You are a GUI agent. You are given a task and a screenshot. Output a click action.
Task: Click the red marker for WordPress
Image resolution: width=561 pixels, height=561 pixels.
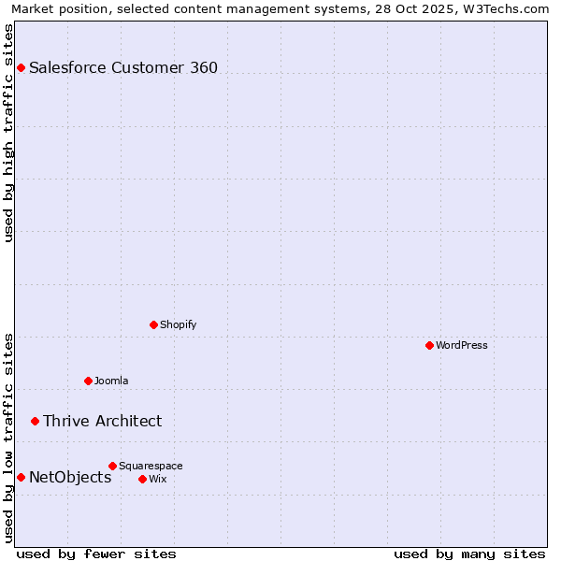pos(429,346)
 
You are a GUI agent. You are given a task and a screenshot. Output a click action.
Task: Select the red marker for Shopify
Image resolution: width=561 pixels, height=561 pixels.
pos(153,325)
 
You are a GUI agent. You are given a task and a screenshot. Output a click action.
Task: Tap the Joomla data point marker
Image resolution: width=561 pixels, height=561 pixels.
pos(88,381)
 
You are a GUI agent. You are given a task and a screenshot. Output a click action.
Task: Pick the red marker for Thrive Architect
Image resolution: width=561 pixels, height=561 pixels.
pos(35,421)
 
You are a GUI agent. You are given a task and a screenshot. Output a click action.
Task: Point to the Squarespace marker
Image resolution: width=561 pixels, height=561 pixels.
pos(112,466)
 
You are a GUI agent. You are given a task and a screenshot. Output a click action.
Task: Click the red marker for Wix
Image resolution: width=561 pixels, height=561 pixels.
pos(142,479)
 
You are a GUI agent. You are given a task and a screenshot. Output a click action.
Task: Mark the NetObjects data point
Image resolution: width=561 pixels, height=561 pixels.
pos(21,477)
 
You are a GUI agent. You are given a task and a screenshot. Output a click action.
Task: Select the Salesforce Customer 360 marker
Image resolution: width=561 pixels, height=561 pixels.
pos(21,67)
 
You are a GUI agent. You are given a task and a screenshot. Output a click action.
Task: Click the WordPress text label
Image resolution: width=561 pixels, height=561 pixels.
pos(462,346)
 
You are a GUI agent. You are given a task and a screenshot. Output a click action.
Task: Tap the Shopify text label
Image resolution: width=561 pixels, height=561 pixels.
pos(178,325)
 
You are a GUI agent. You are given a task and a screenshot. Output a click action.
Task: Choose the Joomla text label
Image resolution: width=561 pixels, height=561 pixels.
pos(111,381)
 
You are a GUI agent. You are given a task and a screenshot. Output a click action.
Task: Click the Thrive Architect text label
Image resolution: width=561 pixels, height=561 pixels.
pos(102,421)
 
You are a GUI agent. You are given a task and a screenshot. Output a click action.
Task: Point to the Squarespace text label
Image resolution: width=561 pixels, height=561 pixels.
pos(151,466)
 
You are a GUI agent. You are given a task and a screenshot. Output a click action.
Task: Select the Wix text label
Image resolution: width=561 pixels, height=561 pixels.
pos(157,479)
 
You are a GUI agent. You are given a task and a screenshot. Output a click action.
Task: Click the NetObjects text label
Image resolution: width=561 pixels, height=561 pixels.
pos(70,477)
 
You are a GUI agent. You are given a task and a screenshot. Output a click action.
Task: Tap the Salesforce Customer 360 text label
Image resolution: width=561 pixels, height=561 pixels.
pos(123,67)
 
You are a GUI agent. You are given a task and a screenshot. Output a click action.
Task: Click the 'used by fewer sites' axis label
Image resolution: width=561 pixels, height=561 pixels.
pos(96,554)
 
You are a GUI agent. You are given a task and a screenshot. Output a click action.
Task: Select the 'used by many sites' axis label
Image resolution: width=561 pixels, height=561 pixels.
pos(469,554)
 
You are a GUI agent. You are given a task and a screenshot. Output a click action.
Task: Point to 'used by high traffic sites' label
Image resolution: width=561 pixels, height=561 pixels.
pos(8,133)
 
